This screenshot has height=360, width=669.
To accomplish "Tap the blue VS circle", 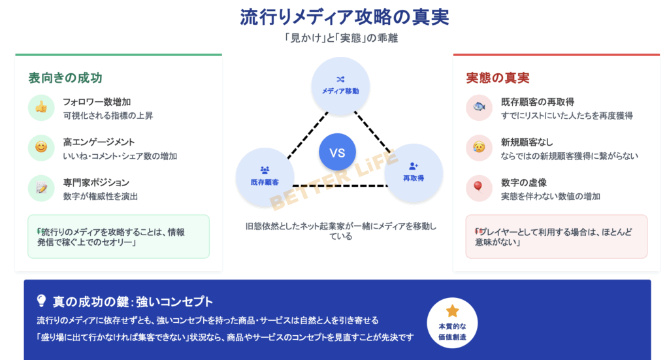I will click(337, 153).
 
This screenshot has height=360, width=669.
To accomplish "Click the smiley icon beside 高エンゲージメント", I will click(41, 148).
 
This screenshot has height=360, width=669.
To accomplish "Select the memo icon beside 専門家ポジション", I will click(41, 188).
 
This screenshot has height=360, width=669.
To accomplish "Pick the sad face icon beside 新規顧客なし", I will click(479, 148).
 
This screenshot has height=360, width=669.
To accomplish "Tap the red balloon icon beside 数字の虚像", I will click(479, 188).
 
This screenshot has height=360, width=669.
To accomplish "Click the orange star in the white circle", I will click(452, 312).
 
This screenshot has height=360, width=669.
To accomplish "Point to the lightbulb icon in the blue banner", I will click(41, 301).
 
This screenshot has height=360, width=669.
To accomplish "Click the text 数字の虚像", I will click(524, 182).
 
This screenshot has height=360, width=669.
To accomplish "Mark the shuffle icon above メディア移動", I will click(340, 79).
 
